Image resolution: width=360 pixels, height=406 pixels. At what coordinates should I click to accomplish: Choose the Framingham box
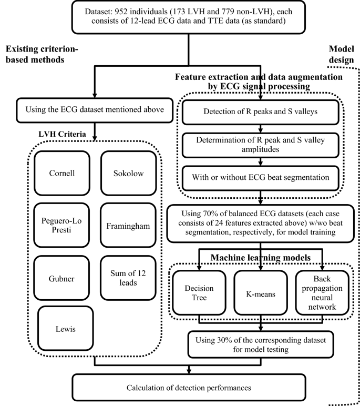click(128, 226)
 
